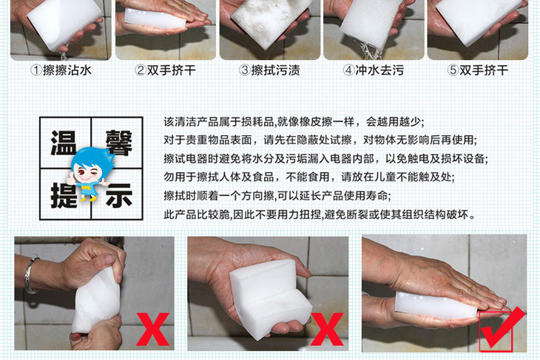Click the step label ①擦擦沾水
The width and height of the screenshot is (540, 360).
click(x=61, y=70)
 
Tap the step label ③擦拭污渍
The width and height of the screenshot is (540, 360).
click(x=269, y=70)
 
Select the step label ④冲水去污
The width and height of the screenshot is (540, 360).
click(x=374, y=70)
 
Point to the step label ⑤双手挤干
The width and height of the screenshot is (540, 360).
click(x=478, y=70)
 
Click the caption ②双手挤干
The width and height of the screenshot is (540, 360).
click(x=165, y=70)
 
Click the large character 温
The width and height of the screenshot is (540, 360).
click(x=64, y=143)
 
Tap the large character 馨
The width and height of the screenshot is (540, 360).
click(x=119, y=143)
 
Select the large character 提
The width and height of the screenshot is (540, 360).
click(x=64, y=195)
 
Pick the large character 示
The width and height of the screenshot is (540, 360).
click(x=119, y=195)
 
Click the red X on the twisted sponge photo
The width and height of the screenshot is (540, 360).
click(x=153, y=329)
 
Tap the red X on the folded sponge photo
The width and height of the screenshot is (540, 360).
click(x=327, y=329)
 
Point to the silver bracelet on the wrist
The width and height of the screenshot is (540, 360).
click(x=30, y=275)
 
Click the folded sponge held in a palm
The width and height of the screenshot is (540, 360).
click(x=270, y=295)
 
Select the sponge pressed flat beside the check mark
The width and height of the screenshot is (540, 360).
click(x=436, y=305)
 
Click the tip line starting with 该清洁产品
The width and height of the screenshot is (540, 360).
click(x=294, y=121)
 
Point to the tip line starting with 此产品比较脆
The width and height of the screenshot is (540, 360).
click(x=320, y=214)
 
